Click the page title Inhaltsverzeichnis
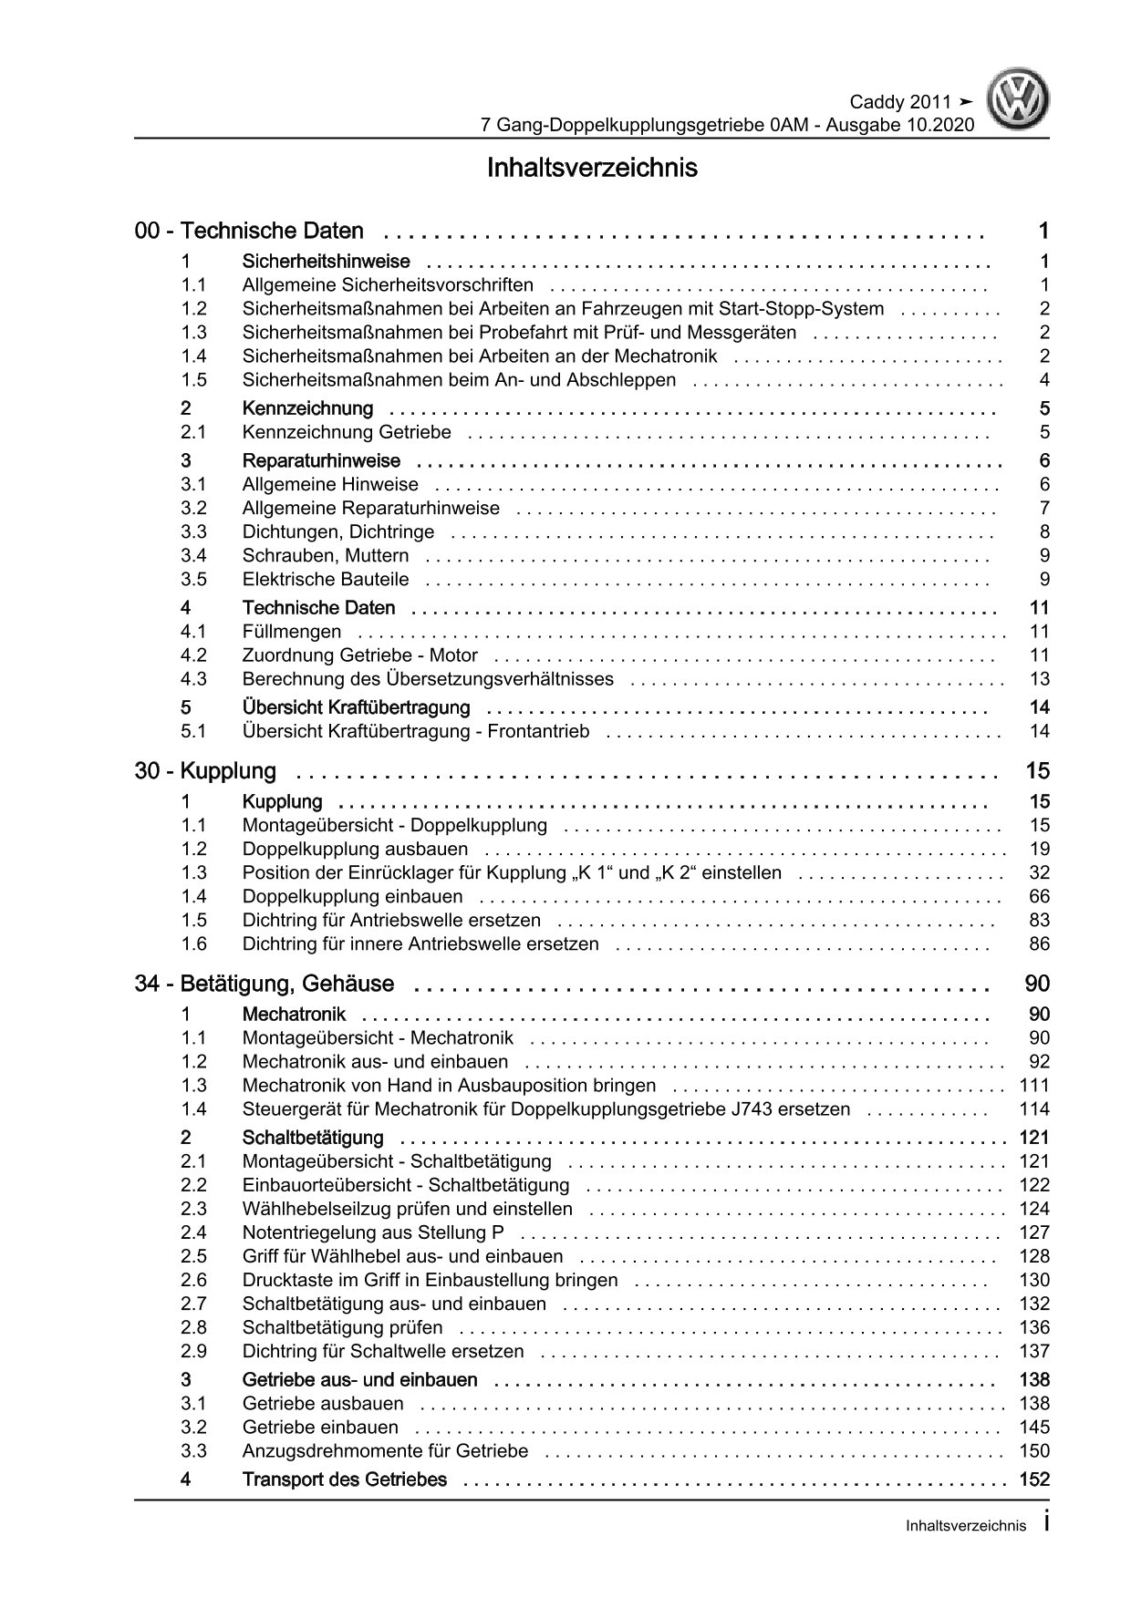[x=592, y=169]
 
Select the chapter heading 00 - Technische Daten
[x=249, y=232]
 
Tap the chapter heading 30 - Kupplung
[x=205, y=771]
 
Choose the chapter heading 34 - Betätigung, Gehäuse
[x=265, y=985]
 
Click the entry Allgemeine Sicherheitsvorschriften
[x=388, y=285]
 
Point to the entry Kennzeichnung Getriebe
[x=347, y=432]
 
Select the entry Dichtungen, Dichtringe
[x=338, y=532]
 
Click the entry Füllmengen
[x=292, y=632]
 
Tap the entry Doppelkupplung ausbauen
[x=356, y=850]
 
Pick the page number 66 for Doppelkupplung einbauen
[x=1039, y=897]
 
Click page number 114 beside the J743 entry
[x=1034, y=1109]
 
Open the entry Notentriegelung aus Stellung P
[x=373, y=1233]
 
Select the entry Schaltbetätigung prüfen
[x=342, y=1328]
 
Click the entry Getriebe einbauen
[x=320, y=1428]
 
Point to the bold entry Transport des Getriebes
[x=345, y=1480]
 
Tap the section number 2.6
[x=193, y=1281]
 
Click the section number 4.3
[x=193, y=679]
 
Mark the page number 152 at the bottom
[x=1034, y=1480]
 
